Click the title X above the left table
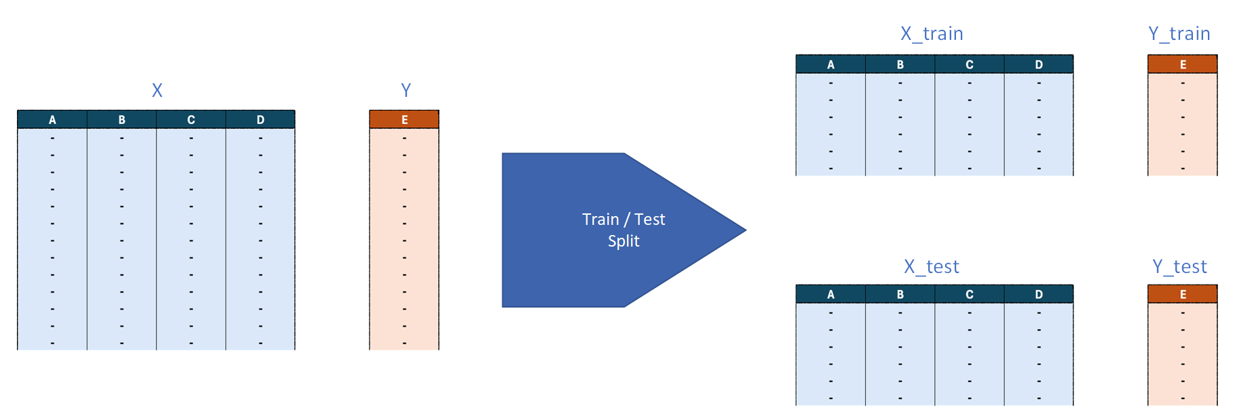157,90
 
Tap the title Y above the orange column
406,90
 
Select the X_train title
932,34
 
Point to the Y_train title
1179,34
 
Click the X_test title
932,267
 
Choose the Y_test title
1179,267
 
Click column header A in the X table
52,120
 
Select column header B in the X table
122,120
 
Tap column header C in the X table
191,120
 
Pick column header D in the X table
261,120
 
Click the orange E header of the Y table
404,120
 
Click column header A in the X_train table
831,65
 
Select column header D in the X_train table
1039,65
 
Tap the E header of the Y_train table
1183,65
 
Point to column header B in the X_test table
900,295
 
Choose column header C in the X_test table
970,295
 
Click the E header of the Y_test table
1183,295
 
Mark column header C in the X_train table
970,65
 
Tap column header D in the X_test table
1039,295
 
